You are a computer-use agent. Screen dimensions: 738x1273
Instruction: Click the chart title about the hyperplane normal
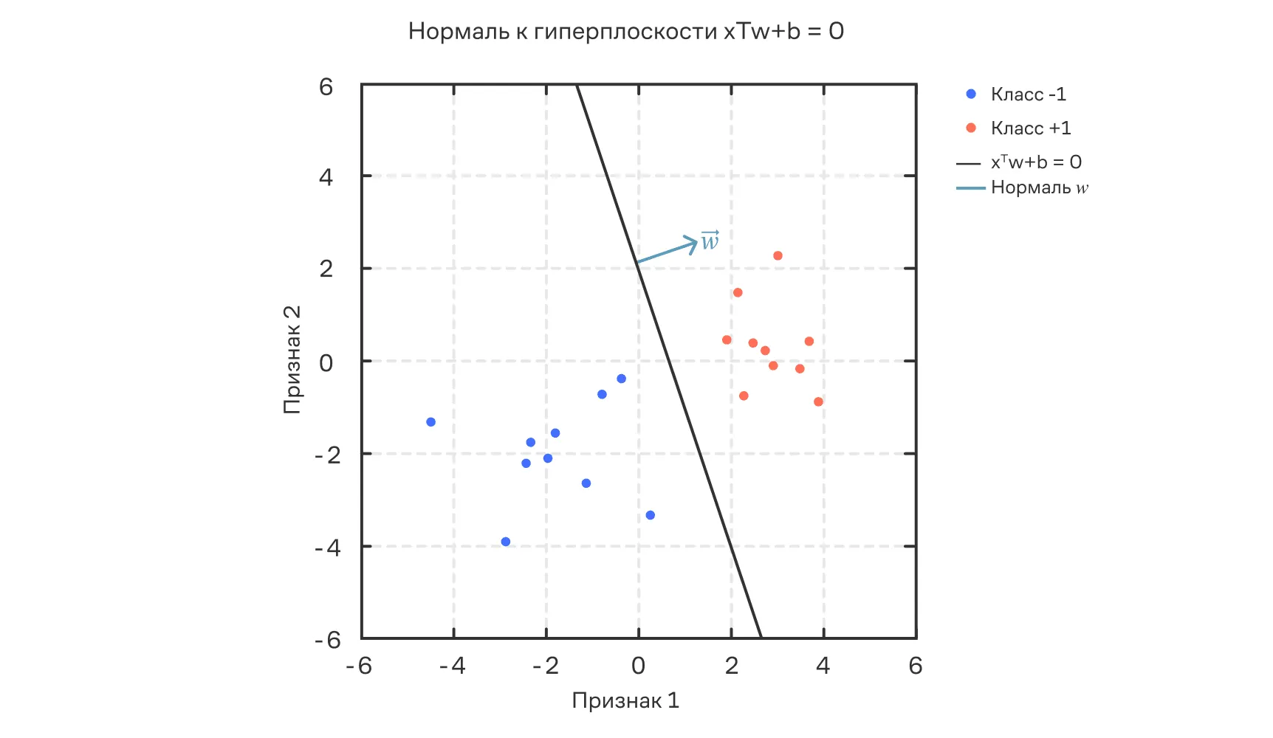pos(625,31)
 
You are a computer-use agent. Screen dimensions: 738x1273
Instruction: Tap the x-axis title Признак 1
pos(625,700)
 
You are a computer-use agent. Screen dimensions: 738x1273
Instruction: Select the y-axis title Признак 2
pos(292,359)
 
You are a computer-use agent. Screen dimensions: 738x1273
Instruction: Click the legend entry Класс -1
pos(1028,94)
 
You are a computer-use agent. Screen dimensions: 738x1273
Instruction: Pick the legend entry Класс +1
pos(1030,128)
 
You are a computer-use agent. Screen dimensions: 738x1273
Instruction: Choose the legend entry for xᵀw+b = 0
pos(1035,162)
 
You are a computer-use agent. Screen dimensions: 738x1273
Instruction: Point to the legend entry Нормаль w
pos(1039,187)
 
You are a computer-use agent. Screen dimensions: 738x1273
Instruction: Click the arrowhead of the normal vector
pos(693,243)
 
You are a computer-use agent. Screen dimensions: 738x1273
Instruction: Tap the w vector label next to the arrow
pos(710,240)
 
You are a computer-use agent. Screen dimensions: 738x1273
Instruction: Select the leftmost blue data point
pos(431,422)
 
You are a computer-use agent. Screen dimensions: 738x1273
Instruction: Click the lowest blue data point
pos(506,542)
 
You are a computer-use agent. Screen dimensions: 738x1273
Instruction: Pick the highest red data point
pos(778,256)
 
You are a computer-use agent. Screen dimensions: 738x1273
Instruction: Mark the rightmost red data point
pos(818,402)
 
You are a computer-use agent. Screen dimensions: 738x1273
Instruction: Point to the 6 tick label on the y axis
pos(326,87)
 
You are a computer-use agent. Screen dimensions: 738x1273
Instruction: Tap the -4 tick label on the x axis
pos(452,666)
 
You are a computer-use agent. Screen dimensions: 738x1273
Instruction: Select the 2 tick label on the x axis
pos(731,666)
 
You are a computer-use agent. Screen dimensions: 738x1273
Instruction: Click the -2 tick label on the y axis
pos(327,455)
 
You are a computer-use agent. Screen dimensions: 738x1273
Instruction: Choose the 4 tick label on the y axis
pos(326,177)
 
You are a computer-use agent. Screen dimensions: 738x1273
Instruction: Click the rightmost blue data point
pos(651,515)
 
